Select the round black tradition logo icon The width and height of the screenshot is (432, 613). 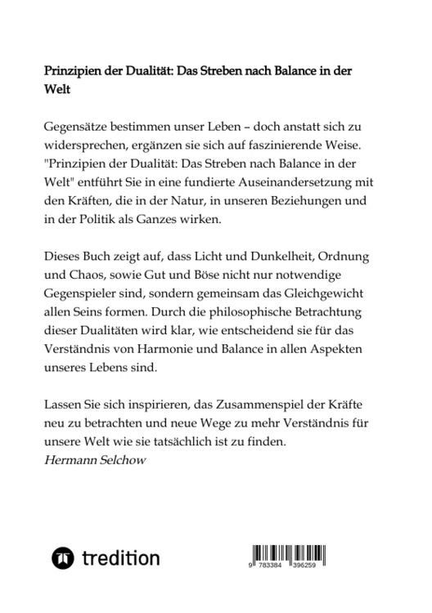tap(61, 558)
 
